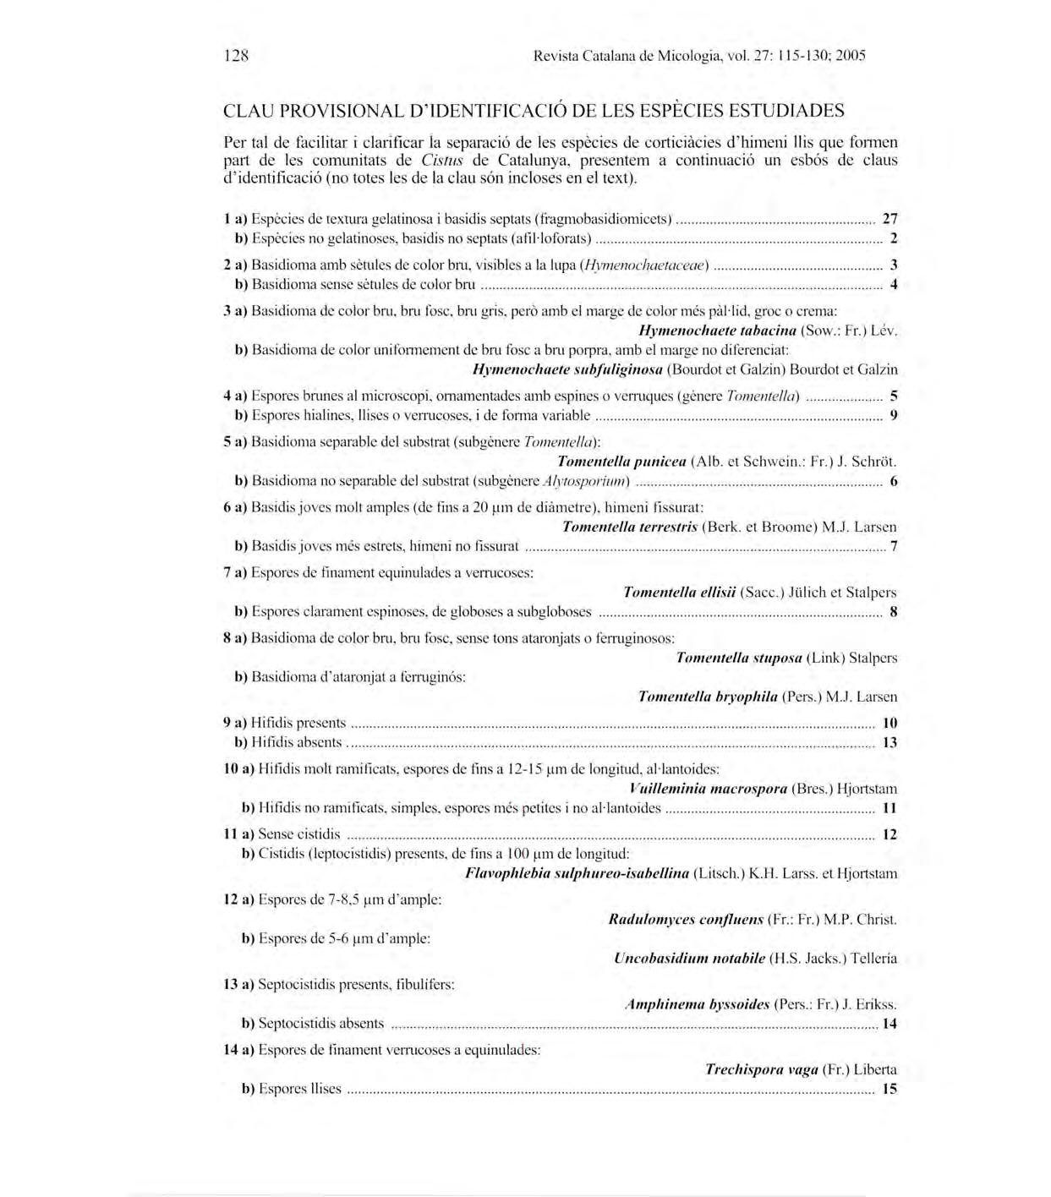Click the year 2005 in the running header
[851, 57]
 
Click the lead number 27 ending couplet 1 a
[890, 219]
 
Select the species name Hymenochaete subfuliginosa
[567, 369]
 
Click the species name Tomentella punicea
[621, 462]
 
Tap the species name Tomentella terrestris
[629, 527]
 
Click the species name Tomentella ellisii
[679, 593]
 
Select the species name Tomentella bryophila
[707, 697]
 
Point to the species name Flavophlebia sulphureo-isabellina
[577, 873]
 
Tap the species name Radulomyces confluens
[686, 919]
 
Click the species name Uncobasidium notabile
[689, 958]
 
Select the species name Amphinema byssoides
[696, 1004]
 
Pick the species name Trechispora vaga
[761, 1069]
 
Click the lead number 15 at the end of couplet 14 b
[889, 1089]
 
